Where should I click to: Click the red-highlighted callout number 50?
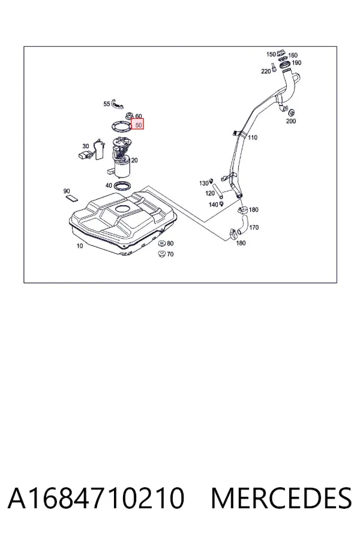coord(139,125)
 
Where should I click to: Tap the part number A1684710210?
coord(96,498)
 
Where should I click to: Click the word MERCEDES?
coord(281,498)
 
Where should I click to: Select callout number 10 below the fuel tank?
coord(80,246)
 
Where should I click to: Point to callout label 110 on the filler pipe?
coord(253,137)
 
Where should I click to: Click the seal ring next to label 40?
coord(122,187)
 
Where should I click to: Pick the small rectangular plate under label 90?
coord(71,198)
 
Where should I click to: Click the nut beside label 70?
coord(161,254)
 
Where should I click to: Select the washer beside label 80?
coord(161,244)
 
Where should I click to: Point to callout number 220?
coord(266,71)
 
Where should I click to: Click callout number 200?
coord(291,121)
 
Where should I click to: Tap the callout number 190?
coord(296,62)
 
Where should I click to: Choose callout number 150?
coord(271,54)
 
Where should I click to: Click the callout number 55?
coord(107,104)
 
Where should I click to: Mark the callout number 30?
coord(86,146)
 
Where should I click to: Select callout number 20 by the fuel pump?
coord(134,160)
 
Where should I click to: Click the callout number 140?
coord(214,205)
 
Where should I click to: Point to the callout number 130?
coord(204,183)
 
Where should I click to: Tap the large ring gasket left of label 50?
coord(122,127)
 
